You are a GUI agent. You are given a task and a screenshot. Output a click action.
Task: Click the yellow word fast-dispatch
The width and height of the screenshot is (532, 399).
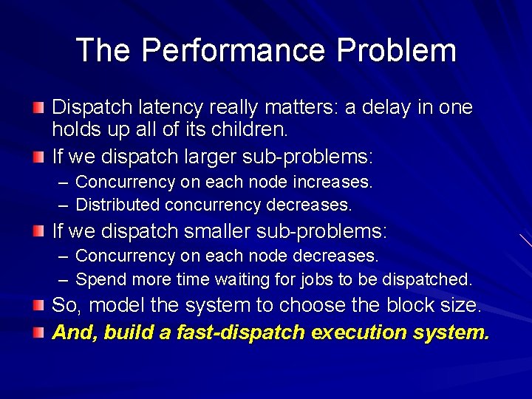[239, 332]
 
